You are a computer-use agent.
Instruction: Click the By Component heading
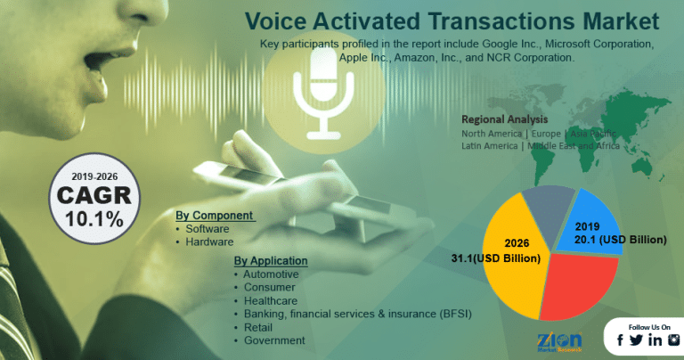pos(215,216)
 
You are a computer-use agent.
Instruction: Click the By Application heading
pos(271,260)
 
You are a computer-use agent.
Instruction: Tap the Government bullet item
pos(274,340)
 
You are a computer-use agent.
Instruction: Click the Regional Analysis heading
pos(504,119)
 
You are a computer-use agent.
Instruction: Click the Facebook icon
pos(620,340)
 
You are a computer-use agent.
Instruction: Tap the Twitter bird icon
pos(636,340)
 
